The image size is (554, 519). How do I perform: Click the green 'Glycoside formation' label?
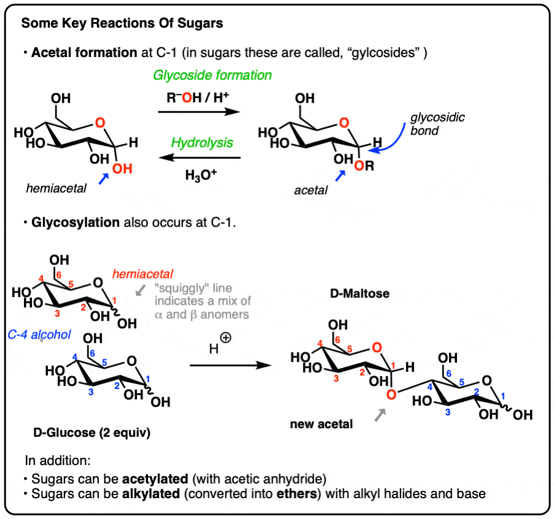[x=213, y=75]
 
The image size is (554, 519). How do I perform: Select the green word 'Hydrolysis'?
[x=202, y=143]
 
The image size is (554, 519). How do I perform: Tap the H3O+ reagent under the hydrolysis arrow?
[x=201, y=175]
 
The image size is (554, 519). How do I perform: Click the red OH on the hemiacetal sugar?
[x=122, y=169]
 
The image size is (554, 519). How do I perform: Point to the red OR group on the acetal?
[x=364, y=166]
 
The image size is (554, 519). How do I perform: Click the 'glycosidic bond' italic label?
[x=437, y=124]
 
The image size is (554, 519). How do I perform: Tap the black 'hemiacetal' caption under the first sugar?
[x=56, y=188]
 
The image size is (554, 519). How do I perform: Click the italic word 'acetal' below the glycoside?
[x=311, y=190]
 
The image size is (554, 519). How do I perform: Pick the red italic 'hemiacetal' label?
[x=142, y=274]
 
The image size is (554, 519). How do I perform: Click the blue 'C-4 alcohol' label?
[x=39, y=334]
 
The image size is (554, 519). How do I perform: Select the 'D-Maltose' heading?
[x=360, y=293]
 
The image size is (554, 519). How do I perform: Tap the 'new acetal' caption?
[x=321, y=424]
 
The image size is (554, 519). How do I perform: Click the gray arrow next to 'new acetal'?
[x=380, y=415]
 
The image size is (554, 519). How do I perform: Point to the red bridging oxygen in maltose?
[x=391, y=394]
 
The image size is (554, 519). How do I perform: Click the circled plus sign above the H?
[x=225, y=337]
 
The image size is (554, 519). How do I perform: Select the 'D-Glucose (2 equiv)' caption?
[x=92, y=433]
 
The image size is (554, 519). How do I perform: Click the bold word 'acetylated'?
[x=155, y=479]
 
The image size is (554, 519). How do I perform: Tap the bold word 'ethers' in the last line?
[x=297, y=494]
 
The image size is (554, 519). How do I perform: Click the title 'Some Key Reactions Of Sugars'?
[x=122, y=23]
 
